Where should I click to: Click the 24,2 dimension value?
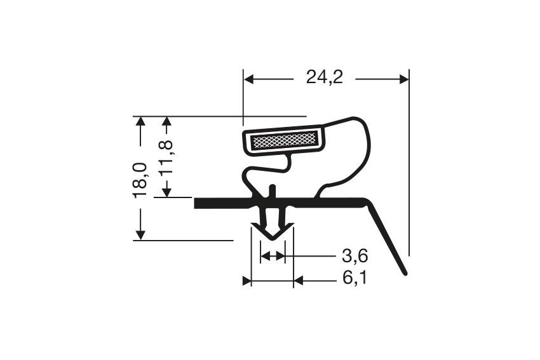(x=325, y=77)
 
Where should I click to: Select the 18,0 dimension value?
(x=140, y=181)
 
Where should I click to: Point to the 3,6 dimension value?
(x=355, y=256)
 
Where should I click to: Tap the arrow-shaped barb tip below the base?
(x=273, y=231)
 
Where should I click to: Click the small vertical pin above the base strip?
(x=273, y=192)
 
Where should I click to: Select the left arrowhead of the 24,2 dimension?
(x=249, y=79)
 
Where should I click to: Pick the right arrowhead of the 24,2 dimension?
(x=404, y=79)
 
